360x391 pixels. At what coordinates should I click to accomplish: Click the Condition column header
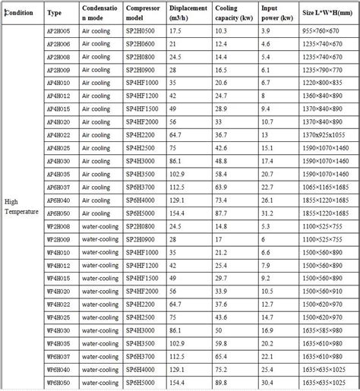(20, 13)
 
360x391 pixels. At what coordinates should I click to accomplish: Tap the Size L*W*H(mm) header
(322, 13)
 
